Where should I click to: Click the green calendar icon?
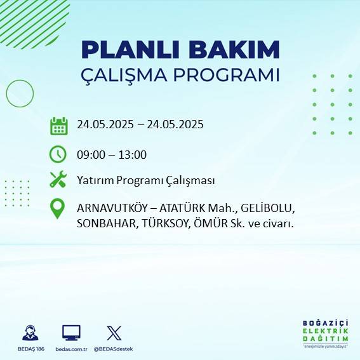[58, 126]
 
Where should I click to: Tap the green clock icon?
[58, 154]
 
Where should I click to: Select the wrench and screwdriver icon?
[58, 180]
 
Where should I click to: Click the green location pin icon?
[58, 209]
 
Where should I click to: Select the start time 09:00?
[90, 154]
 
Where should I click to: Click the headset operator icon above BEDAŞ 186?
[29, 333]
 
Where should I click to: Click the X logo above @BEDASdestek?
[114, 333]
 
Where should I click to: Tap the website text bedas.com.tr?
[72, 349]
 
